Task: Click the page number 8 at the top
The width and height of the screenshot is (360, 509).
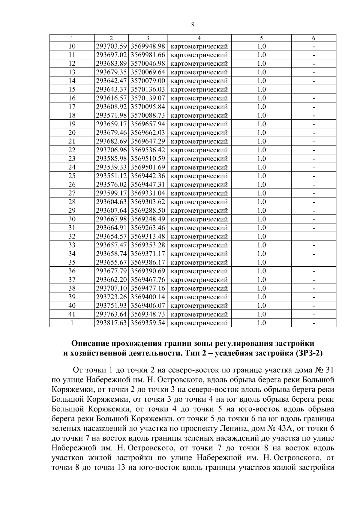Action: tap(193, 25)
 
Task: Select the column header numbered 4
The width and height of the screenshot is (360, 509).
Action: tap(199, 38)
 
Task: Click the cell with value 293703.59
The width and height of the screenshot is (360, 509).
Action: tap(111, 46)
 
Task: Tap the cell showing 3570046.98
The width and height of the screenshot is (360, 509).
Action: tap(148, 64)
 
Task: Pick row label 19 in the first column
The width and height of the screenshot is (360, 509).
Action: tap(72, 124)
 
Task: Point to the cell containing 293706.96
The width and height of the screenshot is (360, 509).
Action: tap(111, 150)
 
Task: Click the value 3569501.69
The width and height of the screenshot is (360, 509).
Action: tap(148, 167)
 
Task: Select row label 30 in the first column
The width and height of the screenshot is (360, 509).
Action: tap(72, 219)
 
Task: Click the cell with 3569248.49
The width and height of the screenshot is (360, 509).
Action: tap(148, 219)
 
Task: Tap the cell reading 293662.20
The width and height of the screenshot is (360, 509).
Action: tap(111, 280)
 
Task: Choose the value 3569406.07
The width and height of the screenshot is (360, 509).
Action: tap(148, 306)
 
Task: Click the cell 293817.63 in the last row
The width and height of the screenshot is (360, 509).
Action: tap(111, 323)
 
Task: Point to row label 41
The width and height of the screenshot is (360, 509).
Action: tap(72, 314)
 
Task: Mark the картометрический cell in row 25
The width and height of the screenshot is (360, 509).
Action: tap(199, 176)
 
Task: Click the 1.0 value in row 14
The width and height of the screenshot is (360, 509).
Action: tap(261, 81)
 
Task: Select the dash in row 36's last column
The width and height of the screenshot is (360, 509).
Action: tap(313, 271)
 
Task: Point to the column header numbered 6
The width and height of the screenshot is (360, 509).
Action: tap(313, 38)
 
